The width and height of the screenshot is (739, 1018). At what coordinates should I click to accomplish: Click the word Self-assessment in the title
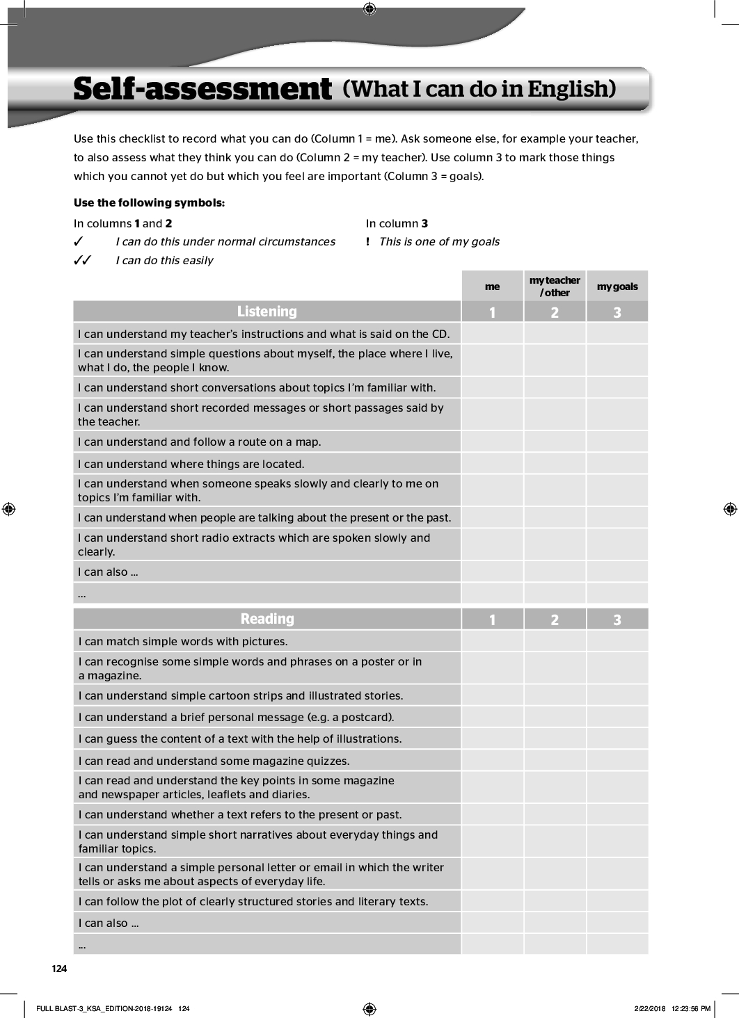[202, 90]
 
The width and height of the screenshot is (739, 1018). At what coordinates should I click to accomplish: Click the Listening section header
[267, 312]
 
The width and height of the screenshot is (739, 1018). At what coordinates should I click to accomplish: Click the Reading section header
[267, 619]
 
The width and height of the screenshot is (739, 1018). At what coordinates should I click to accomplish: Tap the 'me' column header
[492, 286]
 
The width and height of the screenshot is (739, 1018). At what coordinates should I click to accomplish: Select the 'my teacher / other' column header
[555, 286]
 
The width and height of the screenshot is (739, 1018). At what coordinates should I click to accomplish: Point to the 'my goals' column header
[617, 286]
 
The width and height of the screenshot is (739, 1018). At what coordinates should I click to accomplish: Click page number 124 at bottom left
[59, 969]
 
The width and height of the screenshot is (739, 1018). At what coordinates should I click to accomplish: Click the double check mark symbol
[83, 261]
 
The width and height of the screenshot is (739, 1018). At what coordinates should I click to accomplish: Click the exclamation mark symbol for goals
[367, 242]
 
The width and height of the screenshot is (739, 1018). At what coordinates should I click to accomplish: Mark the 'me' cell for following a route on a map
[492, 442]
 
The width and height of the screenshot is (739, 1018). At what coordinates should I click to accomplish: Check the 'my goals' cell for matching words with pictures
[617, 641]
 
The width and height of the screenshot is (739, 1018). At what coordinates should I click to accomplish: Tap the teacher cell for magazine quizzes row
[555, 761]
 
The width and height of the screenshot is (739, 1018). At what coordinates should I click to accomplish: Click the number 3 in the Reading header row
[617, 620]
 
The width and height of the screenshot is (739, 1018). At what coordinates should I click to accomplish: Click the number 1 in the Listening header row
[492, 312]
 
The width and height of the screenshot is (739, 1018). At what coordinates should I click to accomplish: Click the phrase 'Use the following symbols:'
[149, 203]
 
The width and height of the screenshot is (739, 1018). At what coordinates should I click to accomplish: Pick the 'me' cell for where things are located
[492, 464]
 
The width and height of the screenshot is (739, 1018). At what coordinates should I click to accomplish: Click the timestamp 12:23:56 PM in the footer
[692, 1008]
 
